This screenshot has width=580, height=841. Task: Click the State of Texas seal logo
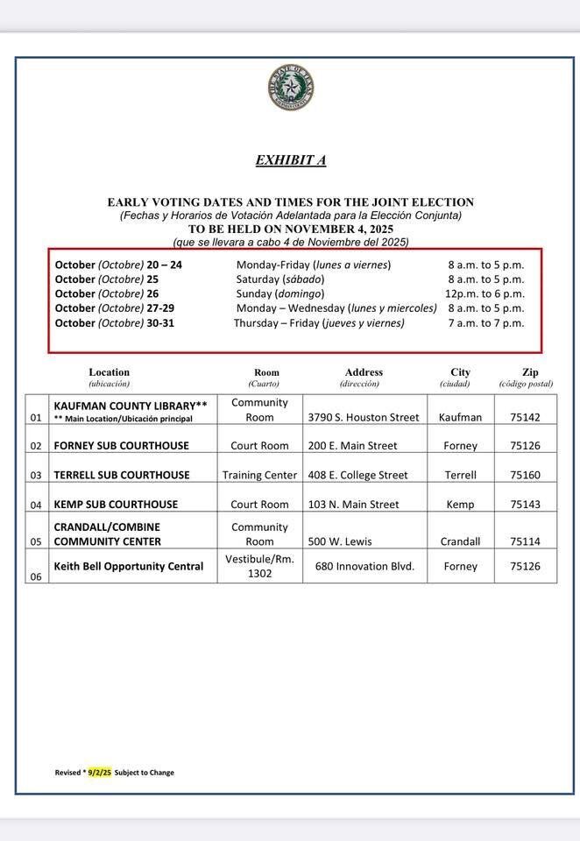pyautogui.click(x=291, y=88)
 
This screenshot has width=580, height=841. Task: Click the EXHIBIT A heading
pyautogui.click(x=291, y=160)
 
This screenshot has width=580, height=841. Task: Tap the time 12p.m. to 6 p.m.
pyautogui.click(x=485, y=293)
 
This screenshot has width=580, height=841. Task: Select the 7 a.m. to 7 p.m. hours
pyautogui.click(x=485, y=323)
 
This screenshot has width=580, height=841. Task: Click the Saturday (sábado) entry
pyautogui.click(x=280, y=279)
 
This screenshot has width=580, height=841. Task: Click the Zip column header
pyautogui.click(x=531, y=372)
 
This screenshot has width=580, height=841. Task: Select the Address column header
pyautogui.click(x=364, y=372)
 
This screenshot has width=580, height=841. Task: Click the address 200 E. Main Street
pyautogui.click(x=352, y=446)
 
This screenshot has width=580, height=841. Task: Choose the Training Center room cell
pyautogui.click(x=259, y=476)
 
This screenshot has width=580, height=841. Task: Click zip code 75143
pyautogui.click(x=525, y=505)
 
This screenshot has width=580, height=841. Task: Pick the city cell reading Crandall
pyautogui.click(x=461, y=541)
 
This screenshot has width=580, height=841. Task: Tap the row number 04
pyautogui.click(x=36, y=505)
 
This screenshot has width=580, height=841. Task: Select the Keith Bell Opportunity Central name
pyautogui.click(x=129, y=567)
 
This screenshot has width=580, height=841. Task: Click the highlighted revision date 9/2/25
pyautogui.click(x=99, y=773)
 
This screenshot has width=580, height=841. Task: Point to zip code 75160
pyautogui.click(x=525, y=476)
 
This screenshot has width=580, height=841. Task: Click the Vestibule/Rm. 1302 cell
pyautogui.click(x=259, y=566)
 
